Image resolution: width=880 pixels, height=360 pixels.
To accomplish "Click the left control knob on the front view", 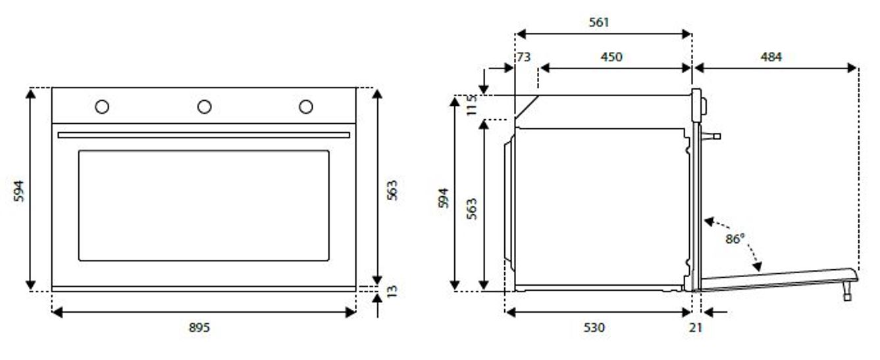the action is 102,107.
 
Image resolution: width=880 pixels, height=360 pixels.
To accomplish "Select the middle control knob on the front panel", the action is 204,107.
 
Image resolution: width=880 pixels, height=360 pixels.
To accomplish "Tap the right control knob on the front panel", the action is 305,107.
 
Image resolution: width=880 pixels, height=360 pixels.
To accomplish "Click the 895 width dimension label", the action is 199,327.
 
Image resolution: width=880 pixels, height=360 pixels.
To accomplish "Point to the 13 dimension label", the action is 392,291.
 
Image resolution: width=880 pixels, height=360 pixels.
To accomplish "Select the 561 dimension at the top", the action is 599,22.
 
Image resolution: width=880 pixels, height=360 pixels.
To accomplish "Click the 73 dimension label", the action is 523,57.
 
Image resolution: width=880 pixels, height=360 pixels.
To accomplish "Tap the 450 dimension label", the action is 611,57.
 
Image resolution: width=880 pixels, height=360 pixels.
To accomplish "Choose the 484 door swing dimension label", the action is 771,57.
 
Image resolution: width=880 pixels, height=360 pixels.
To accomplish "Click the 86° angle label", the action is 735,239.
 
